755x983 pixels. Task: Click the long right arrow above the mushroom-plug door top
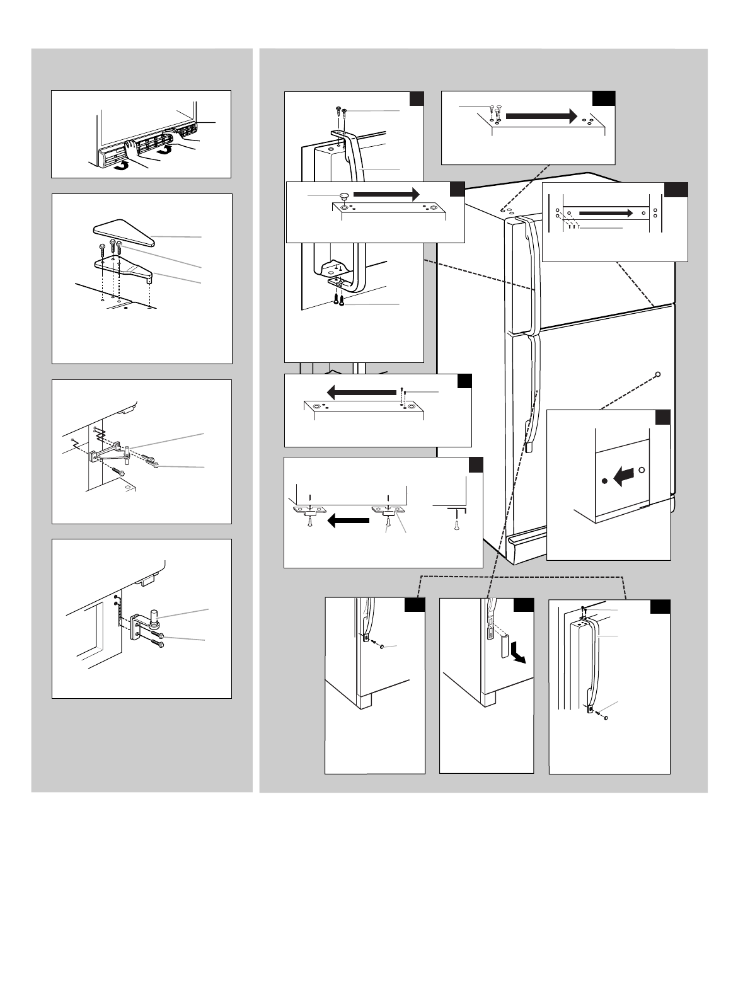[x=386, y=193]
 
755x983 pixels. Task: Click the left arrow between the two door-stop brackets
[x=348, y=520]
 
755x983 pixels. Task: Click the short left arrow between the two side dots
[x=623, y=477]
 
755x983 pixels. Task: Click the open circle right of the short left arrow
[x=642, y=469]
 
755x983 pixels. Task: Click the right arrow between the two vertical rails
[x=604, y=213]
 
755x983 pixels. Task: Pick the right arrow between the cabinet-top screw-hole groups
[x=541, y=116]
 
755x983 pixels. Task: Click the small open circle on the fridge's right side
[x=657, y=374]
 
